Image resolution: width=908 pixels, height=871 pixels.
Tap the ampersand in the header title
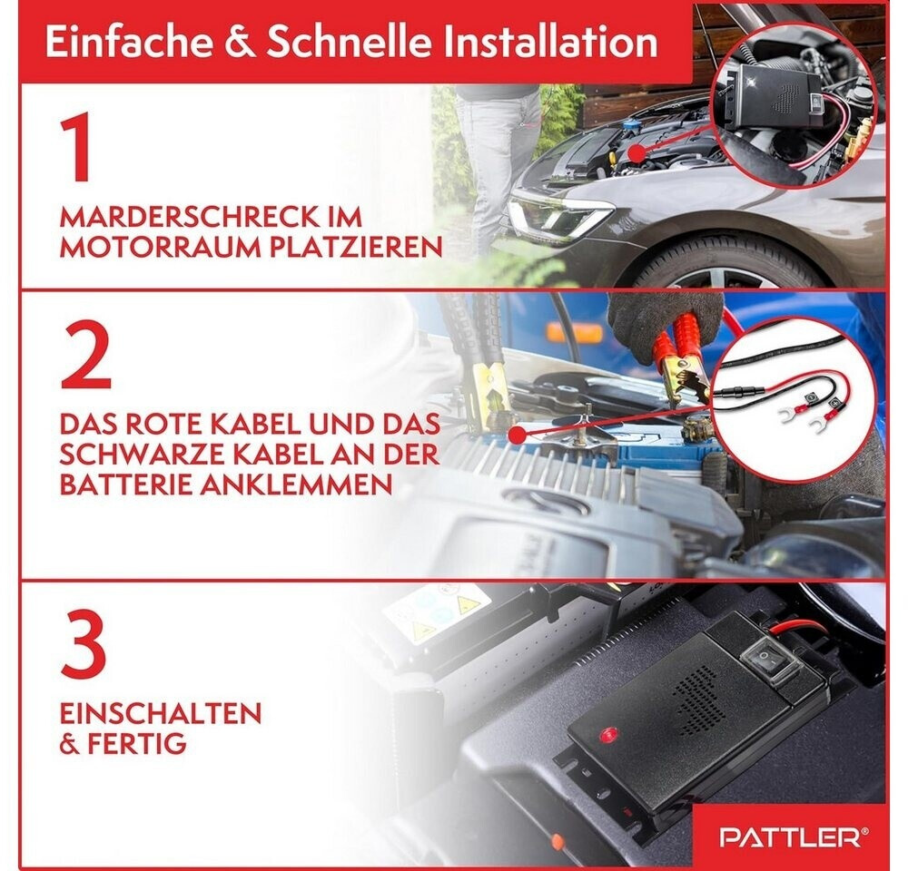click(239, 42)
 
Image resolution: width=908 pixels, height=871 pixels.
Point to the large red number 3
click(84, 647)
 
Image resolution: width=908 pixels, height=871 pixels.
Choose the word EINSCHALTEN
click(161, 713)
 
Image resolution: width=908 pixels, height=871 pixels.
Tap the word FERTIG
click(137, 743)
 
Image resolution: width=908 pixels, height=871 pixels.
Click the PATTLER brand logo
click(794, 837)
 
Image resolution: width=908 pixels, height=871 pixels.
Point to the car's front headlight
click(556, 217)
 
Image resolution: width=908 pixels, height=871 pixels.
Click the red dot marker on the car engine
click(637, 153)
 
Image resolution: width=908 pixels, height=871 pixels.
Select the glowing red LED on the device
click(608, 734)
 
